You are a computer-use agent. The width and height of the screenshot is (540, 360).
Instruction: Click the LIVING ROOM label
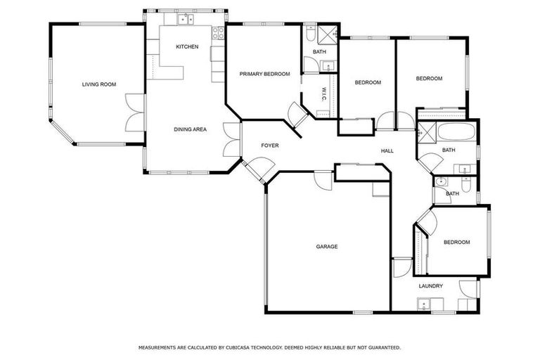point(98,84)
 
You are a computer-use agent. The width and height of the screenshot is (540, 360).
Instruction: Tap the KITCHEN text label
point(187,47)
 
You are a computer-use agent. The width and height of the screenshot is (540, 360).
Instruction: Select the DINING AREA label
point(190,129)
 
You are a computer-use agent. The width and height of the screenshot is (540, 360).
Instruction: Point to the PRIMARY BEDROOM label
point(264,74)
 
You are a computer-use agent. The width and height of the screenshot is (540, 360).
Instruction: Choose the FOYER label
point(270,146)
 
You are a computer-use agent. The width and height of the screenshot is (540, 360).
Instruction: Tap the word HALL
point(387,151)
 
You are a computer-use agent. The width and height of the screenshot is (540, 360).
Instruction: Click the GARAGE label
point(327,247)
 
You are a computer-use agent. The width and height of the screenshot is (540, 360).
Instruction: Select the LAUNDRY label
point(430,286)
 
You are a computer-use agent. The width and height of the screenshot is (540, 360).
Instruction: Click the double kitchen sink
point(185,20)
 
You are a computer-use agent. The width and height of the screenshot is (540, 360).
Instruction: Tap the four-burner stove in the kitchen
point(218,32)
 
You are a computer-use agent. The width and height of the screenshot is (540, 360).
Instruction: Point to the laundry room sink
point(423,304)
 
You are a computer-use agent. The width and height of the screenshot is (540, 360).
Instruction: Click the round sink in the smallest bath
point(441,182)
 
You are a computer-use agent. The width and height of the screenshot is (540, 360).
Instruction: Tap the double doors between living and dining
point(135,112)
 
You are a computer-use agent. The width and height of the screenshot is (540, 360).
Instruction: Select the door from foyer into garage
point(323,179)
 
